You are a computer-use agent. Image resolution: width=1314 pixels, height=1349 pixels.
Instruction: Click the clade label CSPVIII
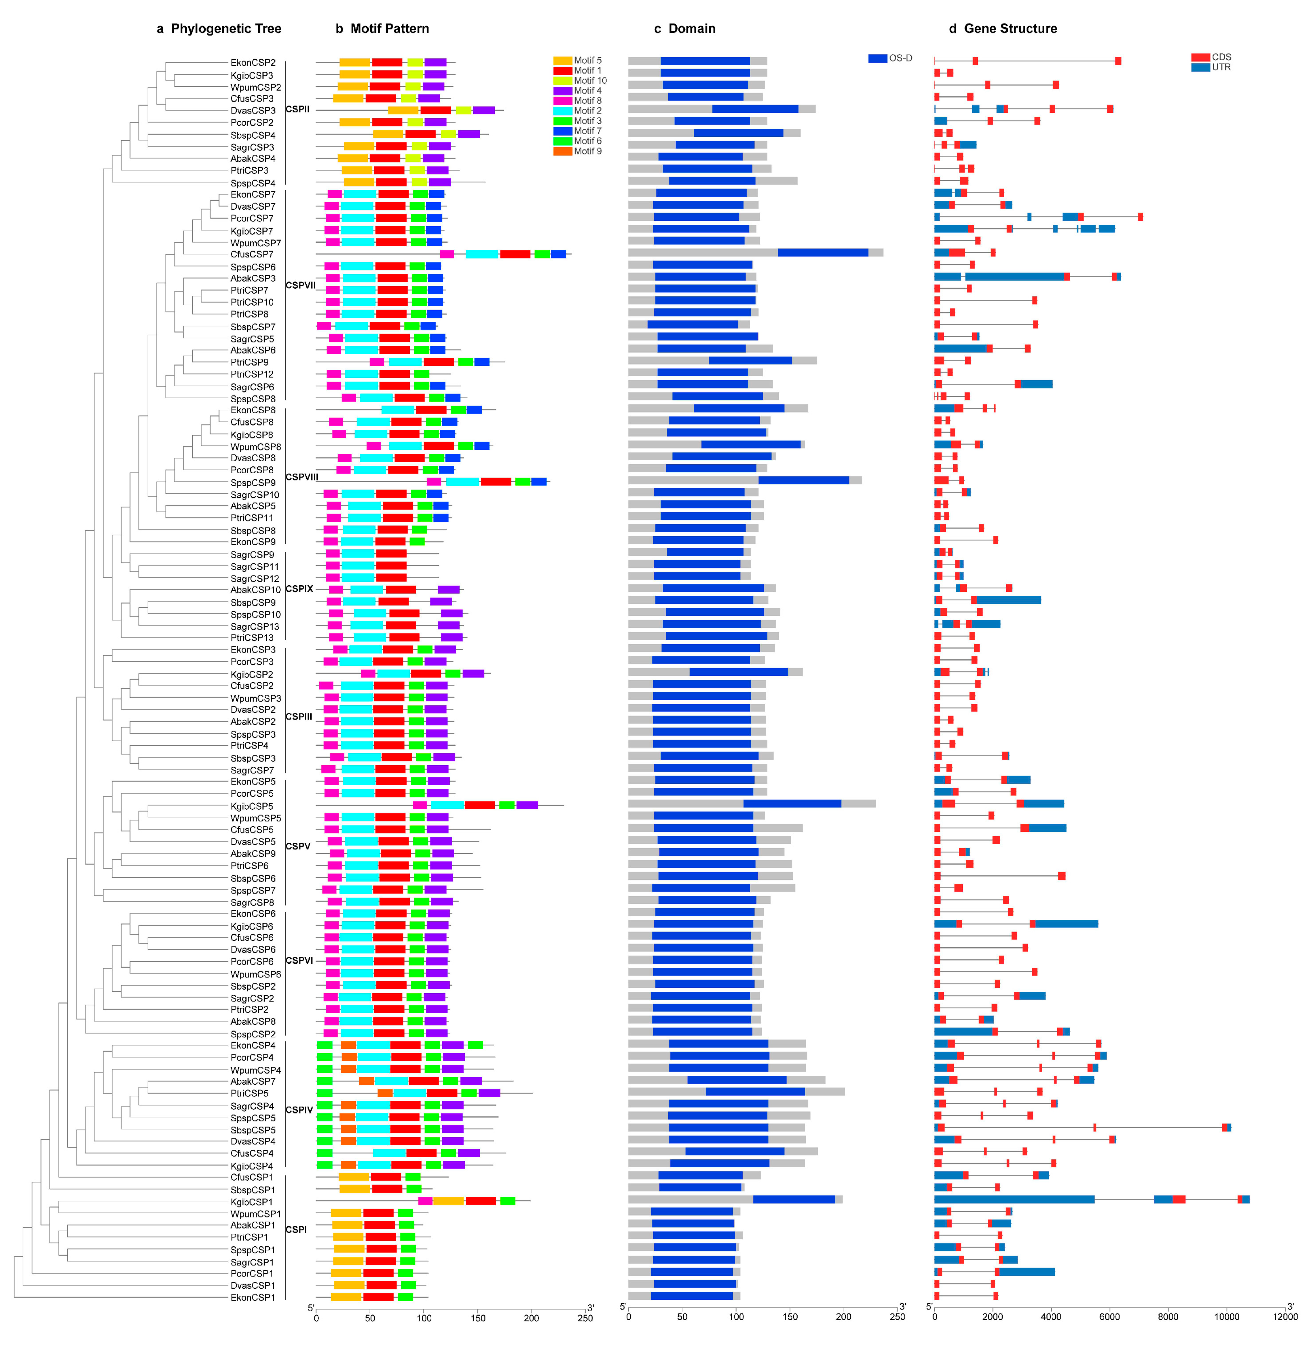point(302,477)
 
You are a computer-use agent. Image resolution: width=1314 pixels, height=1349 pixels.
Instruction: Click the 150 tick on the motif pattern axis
point(478,1318)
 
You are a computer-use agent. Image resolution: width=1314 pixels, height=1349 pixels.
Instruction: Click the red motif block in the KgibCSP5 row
point(480,805)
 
